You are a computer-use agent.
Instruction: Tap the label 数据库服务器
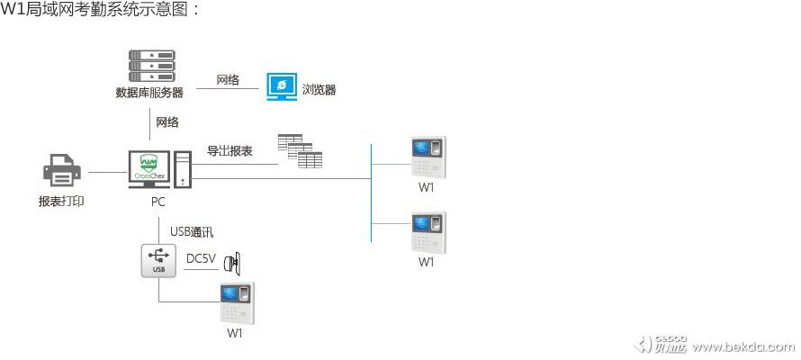click(149, 93)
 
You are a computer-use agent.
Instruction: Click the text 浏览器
click(319, 90)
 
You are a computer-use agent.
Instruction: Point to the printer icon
click(62, 171)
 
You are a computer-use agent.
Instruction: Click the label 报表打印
click(61, 202)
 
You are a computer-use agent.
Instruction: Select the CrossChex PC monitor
click(148, 169)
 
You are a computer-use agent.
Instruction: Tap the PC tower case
click(183, 170)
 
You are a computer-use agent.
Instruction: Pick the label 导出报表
click(229, 150)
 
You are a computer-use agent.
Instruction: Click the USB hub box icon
click(158, 259)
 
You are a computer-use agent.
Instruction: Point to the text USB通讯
click(192, 231)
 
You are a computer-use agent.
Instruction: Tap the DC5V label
click(200, 259)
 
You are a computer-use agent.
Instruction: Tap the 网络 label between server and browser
click(228, 80)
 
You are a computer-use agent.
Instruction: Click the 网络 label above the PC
click(167, 121)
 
